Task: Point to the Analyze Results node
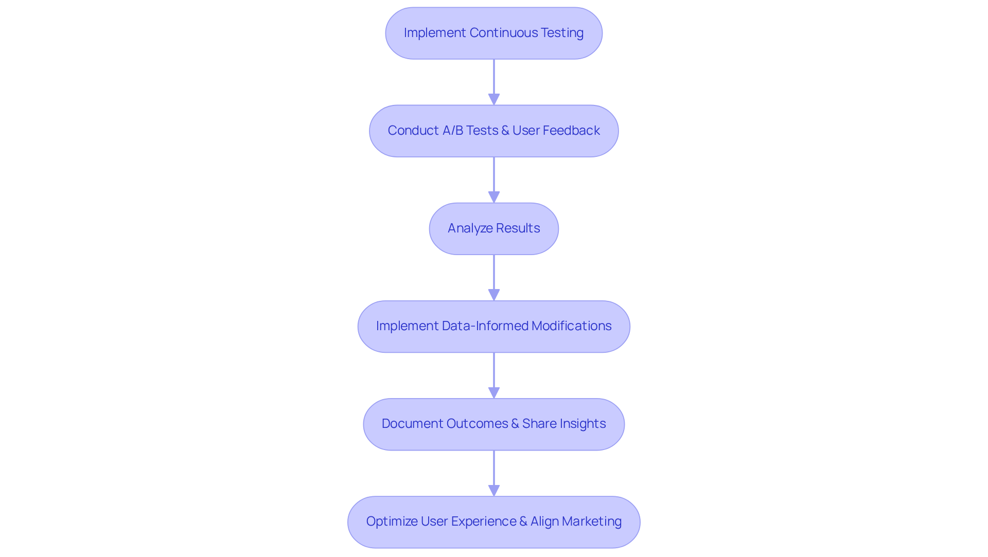point(493,228)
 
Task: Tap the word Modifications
point(571,326)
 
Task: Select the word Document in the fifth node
point(412,424)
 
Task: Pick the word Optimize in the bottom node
point(392,522)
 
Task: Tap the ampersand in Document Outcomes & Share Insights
point(515,424)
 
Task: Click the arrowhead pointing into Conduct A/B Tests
point(494,99)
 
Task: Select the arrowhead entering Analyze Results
point(494,197)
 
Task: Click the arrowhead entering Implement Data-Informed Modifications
point(494,295)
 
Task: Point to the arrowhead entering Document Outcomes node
point(494,392)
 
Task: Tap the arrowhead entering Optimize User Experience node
point(494,490)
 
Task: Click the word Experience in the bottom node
point(484,522)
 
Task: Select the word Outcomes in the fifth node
point(477,424)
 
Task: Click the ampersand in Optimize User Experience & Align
point(523,522)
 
